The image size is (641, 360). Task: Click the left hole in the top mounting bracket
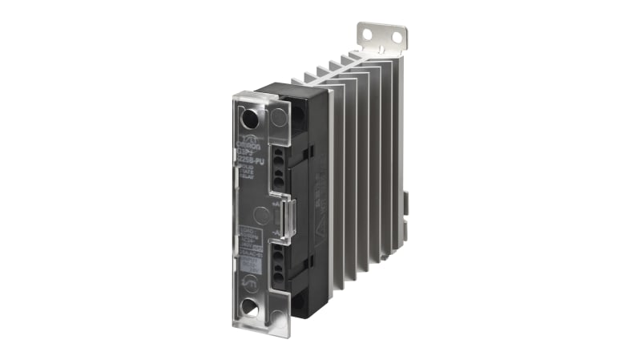pos(367,34)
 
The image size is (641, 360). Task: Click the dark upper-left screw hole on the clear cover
pos(250,119)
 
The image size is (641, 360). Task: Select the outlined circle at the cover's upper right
pos(277,117)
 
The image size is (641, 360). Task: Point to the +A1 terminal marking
pos(276,205)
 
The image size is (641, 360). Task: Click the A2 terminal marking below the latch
pos(276,233)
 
